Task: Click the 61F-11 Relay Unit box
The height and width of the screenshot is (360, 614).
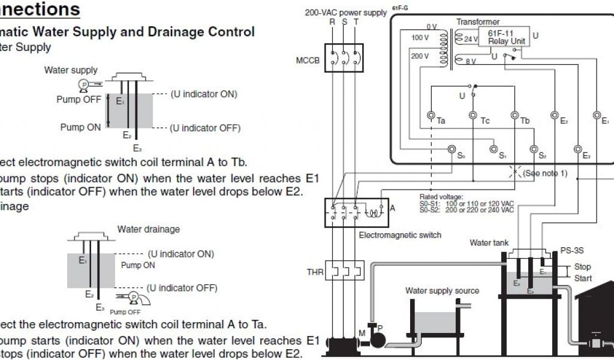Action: [507, 37]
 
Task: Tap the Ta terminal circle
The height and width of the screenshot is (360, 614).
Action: [431, 115]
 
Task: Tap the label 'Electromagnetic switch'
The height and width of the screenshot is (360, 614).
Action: [400, 235]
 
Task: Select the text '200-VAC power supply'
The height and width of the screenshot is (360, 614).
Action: [345, 12]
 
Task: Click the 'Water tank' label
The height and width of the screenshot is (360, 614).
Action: [489, 243]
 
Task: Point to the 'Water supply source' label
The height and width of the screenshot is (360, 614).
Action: [442, 291]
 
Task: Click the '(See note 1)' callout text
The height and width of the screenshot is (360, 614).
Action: [544, 173]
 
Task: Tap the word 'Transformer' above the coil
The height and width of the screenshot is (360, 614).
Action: [478, 22]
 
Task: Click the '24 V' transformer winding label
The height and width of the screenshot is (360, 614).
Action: [471, 39]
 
